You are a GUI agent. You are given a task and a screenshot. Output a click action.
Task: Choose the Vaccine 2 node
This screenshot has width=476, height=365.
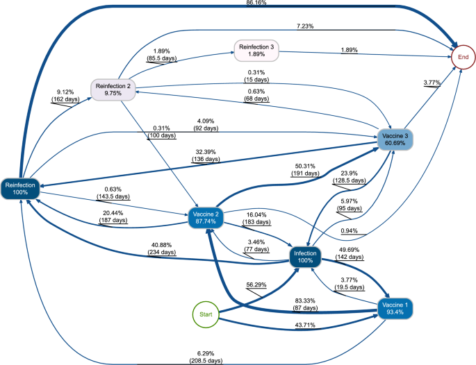click(206, 219)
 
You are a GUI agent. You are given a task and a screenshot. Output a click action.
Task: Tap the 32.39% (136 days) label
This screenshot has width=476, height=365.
click(206, 155)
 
